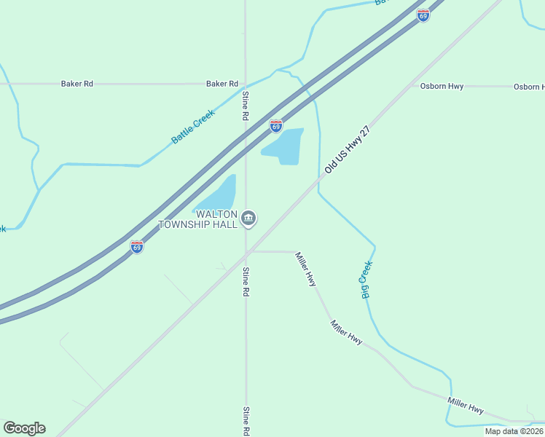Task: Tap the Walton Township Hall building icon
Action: pos(248,219)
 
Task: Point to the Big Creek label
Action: pos(366,279)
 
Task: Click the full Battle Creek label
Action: pos(193,126)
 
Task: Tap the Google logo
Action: pos(24,428)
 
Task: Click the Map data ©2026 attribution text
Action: pos(514,431)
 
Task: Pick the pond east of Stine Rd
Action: pos(285,146)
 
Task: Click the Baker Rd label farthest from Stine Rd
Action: pos(77,84)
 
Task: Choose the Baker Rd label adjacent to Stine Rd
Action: pos(221,84)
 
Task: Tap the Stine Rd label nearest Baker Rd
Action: pos(246,106)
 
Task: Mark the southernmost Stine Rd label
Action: pos(246,421)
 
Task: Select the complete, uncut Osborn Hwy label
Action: pos(442,86)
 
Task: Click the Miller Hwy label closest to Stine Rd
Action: pos(306,268)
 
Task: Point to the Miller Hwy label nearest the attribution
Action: pos(466,406)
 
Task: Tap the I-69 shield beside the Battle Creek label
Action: pos(275,126)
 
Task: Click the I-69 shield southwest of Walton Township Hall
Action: pos(137,247)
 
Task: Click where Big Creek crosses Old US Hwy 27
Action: pos(319,178)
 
